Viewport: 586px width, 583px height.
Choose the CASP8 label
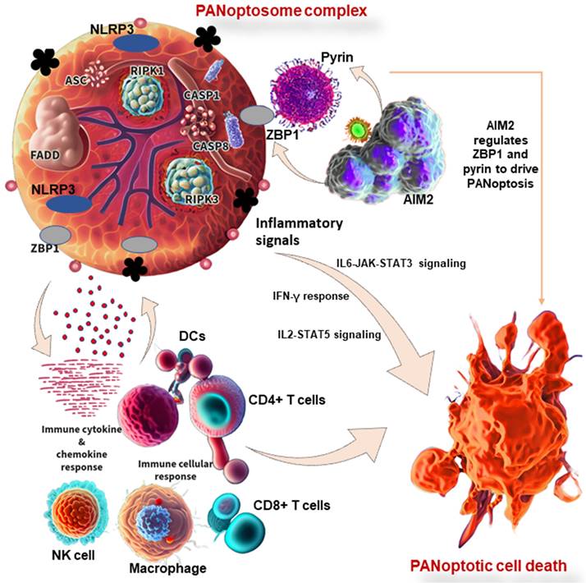point(213,146)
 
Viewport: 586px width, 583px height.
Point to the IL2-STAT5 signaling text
point(329,335)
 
